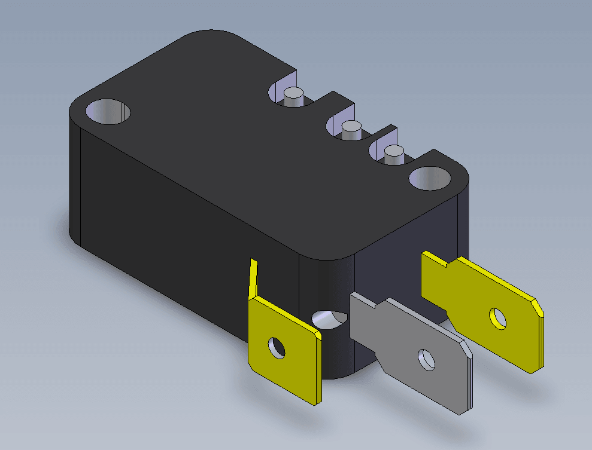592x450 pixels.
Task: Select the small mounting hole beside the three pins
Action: coord(429,178)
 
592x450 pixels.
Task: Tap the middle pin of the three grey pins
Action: coord(350,128)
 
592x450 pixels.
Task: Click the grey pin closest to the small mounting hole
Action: coord(393,154)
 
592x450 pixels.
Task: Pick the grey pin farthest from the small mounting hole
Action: coord(293,96)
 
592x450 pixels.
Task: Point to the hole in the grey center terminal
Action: coord(427,359)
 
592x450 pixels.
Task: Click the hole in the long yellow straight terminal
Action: coord(497,319)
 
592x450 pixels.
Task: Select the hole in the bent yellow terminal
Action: coord(277,347)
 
